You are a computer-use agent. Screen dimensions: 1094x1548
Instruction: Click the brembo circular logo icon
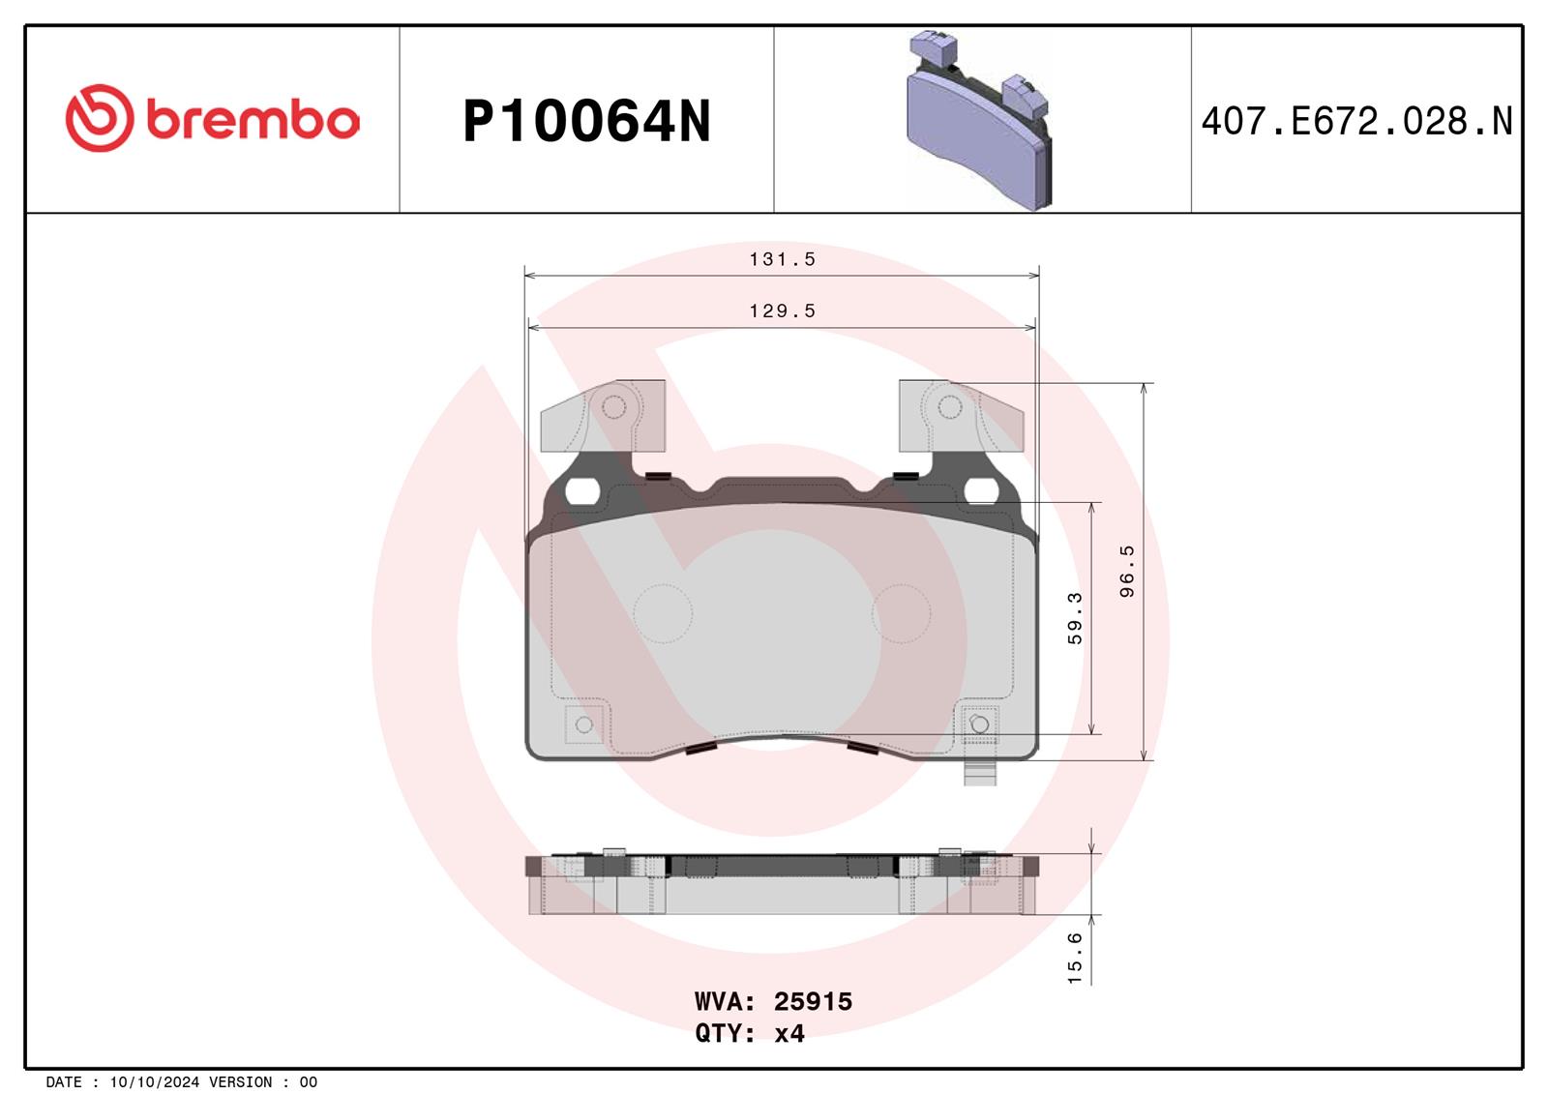(x=99, y=118)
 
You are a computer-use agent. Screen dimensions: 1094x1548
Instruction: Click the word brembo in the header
(x=253, y=120)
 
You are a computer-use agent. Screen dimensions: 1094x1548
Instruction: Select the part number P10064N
(x=586, y=122)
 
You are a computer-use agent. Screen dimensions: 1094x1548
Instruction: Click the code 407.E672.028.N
(x=1355, y=122)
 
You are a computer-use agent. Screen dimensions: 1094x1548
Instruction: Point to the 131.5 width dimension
(x=782, y=259)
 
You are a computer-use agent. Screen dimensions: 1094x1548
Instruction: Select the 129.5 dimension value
(x=782, y=310)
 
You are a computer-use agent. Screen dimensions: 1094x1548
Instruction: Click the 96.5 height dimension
(x=1126, y=571)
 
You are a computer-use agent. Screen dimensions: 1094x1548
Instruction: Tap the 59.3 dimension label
(x=1075, y=618)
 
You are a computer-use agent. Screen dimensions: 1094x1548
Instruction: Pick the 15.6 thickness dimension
(x=1075, y=958)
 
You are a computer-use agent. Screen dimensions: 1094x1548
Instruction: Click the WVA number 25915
(x=813, y=1001)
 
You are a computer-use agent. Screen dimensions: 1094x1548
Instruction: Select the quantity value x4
(x=789, y=1033)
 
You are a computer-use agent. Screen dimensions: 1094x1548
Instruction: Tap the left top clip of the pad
(x=603, y=416)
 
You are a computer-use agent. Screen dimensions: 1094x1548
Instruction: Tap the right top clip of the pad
(x=960, y=416)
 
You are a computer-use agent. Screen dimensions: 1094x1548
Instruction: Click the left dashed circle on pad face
(x=663, y=613)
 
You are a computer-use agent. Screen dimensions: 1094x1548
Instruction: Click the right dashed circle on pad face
(x=901, y=613)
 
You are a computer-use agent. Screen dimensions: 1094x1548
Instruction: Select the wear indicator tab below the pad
(x=979, y=771)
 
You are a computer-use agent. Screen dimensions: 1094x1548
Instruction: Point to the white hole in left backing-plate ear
(x=580, y=491)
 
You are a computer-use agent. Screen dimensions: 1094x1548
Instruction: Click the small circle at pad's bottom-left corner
(x=583, y=724)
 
